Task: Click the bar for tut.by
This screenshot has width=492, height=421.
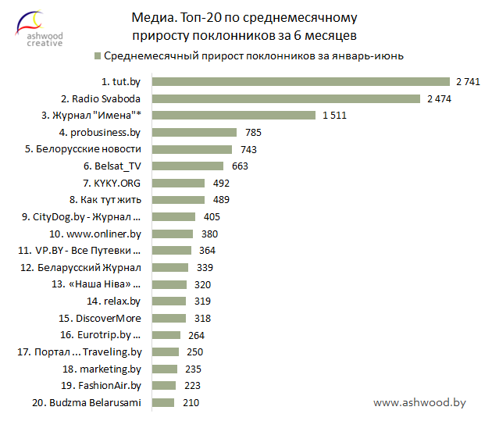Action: [301, 81]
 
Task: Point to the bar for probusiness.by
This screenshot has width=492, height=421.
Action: [194, 132]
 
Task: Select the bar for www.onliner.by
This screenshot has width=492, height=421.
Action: [172, 234]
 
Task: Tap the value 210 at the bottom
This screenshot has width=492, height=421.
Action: [191, 403]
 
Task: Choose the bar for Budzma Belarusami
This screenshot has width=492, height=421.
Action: [162, 403]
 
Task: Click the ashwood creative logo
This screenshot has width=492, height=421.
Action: [45, 27]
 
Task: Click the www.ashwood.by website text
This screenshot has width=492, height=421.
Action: [419, 402]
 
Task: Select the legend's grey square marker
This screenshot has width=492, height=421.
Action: [97, 56]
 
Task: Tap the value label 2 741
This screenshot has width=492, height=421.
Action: [466, 81]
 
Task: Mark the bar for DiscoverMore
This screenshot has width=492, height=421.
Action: [169, 318]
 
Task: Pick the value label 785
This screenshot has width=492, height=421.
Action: [252, 132]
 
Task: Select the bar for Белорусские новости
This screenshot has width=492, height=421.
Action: [192, 149]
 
